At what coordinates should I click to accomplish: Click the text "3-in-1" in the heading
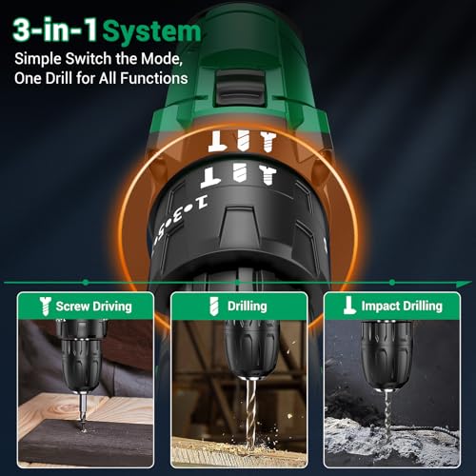point(52,30)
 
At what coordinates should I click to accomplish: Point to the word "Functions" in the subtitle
point(156,80)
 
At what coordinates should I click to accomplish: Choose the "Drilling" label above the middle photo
point(247,306)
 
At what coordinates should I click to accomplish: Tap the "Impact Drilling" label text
point(396,306)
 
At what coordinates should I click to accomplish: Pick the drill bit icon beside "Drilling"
point(213,306)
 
